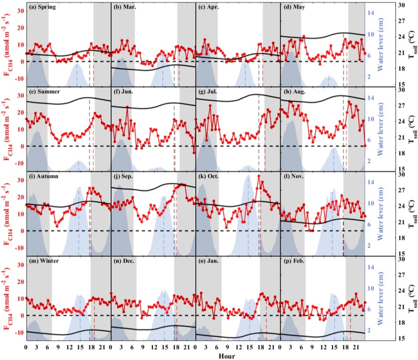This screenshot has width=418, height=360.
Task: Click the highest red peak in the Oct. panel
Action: click(x=259, y=176)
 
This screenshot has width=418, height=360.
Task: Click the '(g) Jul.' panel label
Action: click(x=209, y=91)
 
